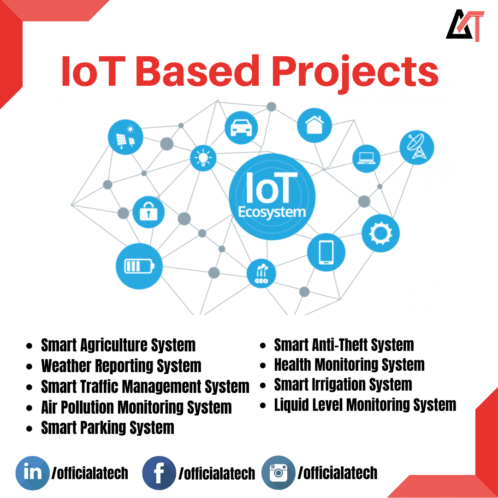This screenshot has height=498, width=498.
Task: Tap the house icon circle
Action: coord(314,125)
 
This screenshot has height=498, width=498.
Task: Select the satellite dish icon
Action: coord(417,147)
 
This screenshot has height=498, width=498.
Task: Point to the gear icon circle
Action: coord(380,233)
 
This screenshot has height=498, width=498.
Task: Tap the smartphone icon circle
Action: coord(326,252)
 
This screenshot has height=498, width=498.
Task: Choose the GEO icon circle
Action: coord(261,273)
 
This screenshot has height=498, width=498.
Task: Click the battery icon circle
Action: coord(139,266)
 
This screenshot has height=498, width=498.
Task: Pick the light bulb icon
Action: coord(203,157)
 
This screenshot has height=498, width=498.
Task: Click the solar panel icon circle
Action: coord(125,136)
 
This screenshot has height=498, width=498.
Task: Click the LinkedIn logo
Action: coord(32,473)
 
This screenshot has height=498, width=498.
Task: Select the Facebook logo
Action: coord(159,473)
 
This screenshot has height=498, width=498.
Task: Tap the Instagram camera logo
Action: coord(278,473)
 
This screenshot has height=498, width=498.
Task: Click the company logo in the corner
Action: coord(465,26)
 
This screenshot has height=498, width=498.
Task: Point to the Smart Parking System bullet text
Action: coord(107,427)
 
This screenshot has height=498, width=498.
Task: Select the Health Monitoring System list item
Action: coord(349,365)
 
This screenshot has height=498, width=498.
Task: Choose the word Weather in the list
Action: coord(66,366)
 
